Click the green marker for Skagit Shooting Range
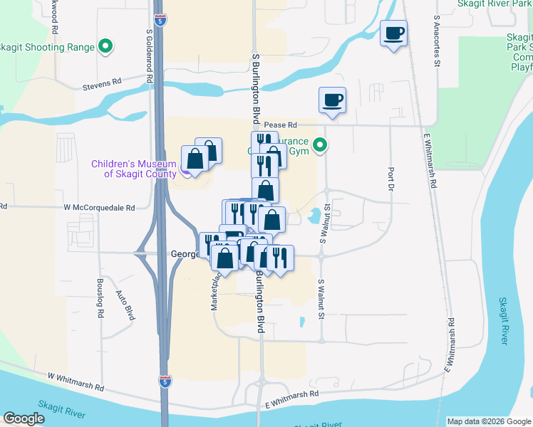105,48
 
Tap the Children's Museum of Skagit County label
133,169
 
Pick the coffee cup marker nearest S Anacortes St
393,33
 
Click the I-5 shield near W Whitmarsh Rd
165,381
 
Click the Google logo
24,418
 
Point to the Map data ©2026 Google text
488,421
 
